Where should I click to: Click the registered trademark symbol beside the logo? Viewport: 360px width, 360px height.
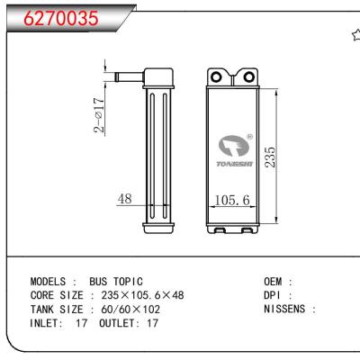coord(249,138)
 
